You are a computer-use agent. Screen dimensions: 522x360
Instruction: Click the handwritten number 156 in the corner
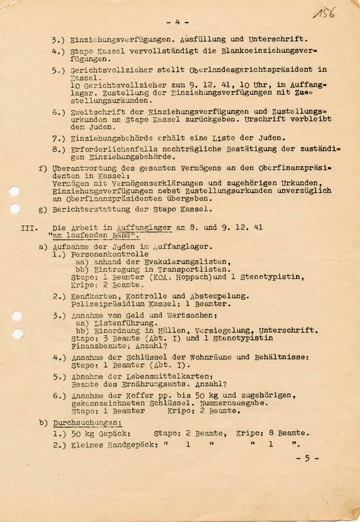(324, 13)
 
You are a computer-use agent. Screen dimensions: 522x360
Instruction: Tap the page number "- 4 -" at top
(178, 22)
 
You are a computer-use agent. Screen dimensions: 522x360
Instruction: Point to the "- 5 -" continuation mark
(307, 458)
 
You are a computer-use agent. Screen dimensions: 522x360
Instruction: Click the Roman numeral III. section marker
(29, 228)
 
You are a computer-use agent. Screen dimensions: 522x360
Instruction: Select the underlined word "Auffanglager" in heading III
(144, 228)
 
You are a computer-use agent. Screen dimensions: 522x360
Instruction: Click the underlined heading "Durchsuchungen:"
(87, 423)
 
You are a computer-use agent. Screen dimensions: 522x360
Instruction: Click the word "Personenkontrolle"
(109, 254)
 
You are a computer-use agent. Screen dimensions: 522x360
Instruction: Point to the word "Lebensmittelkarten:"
(169, 377)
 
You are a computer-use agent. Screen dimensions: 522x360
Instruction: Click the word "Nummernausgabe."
(234, 403)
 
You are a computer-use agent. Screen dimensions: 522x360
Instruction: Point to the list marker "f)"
(43, 168)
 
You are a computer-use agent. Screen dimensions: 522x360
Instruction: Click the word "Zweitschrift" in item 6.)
(98, 112)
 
